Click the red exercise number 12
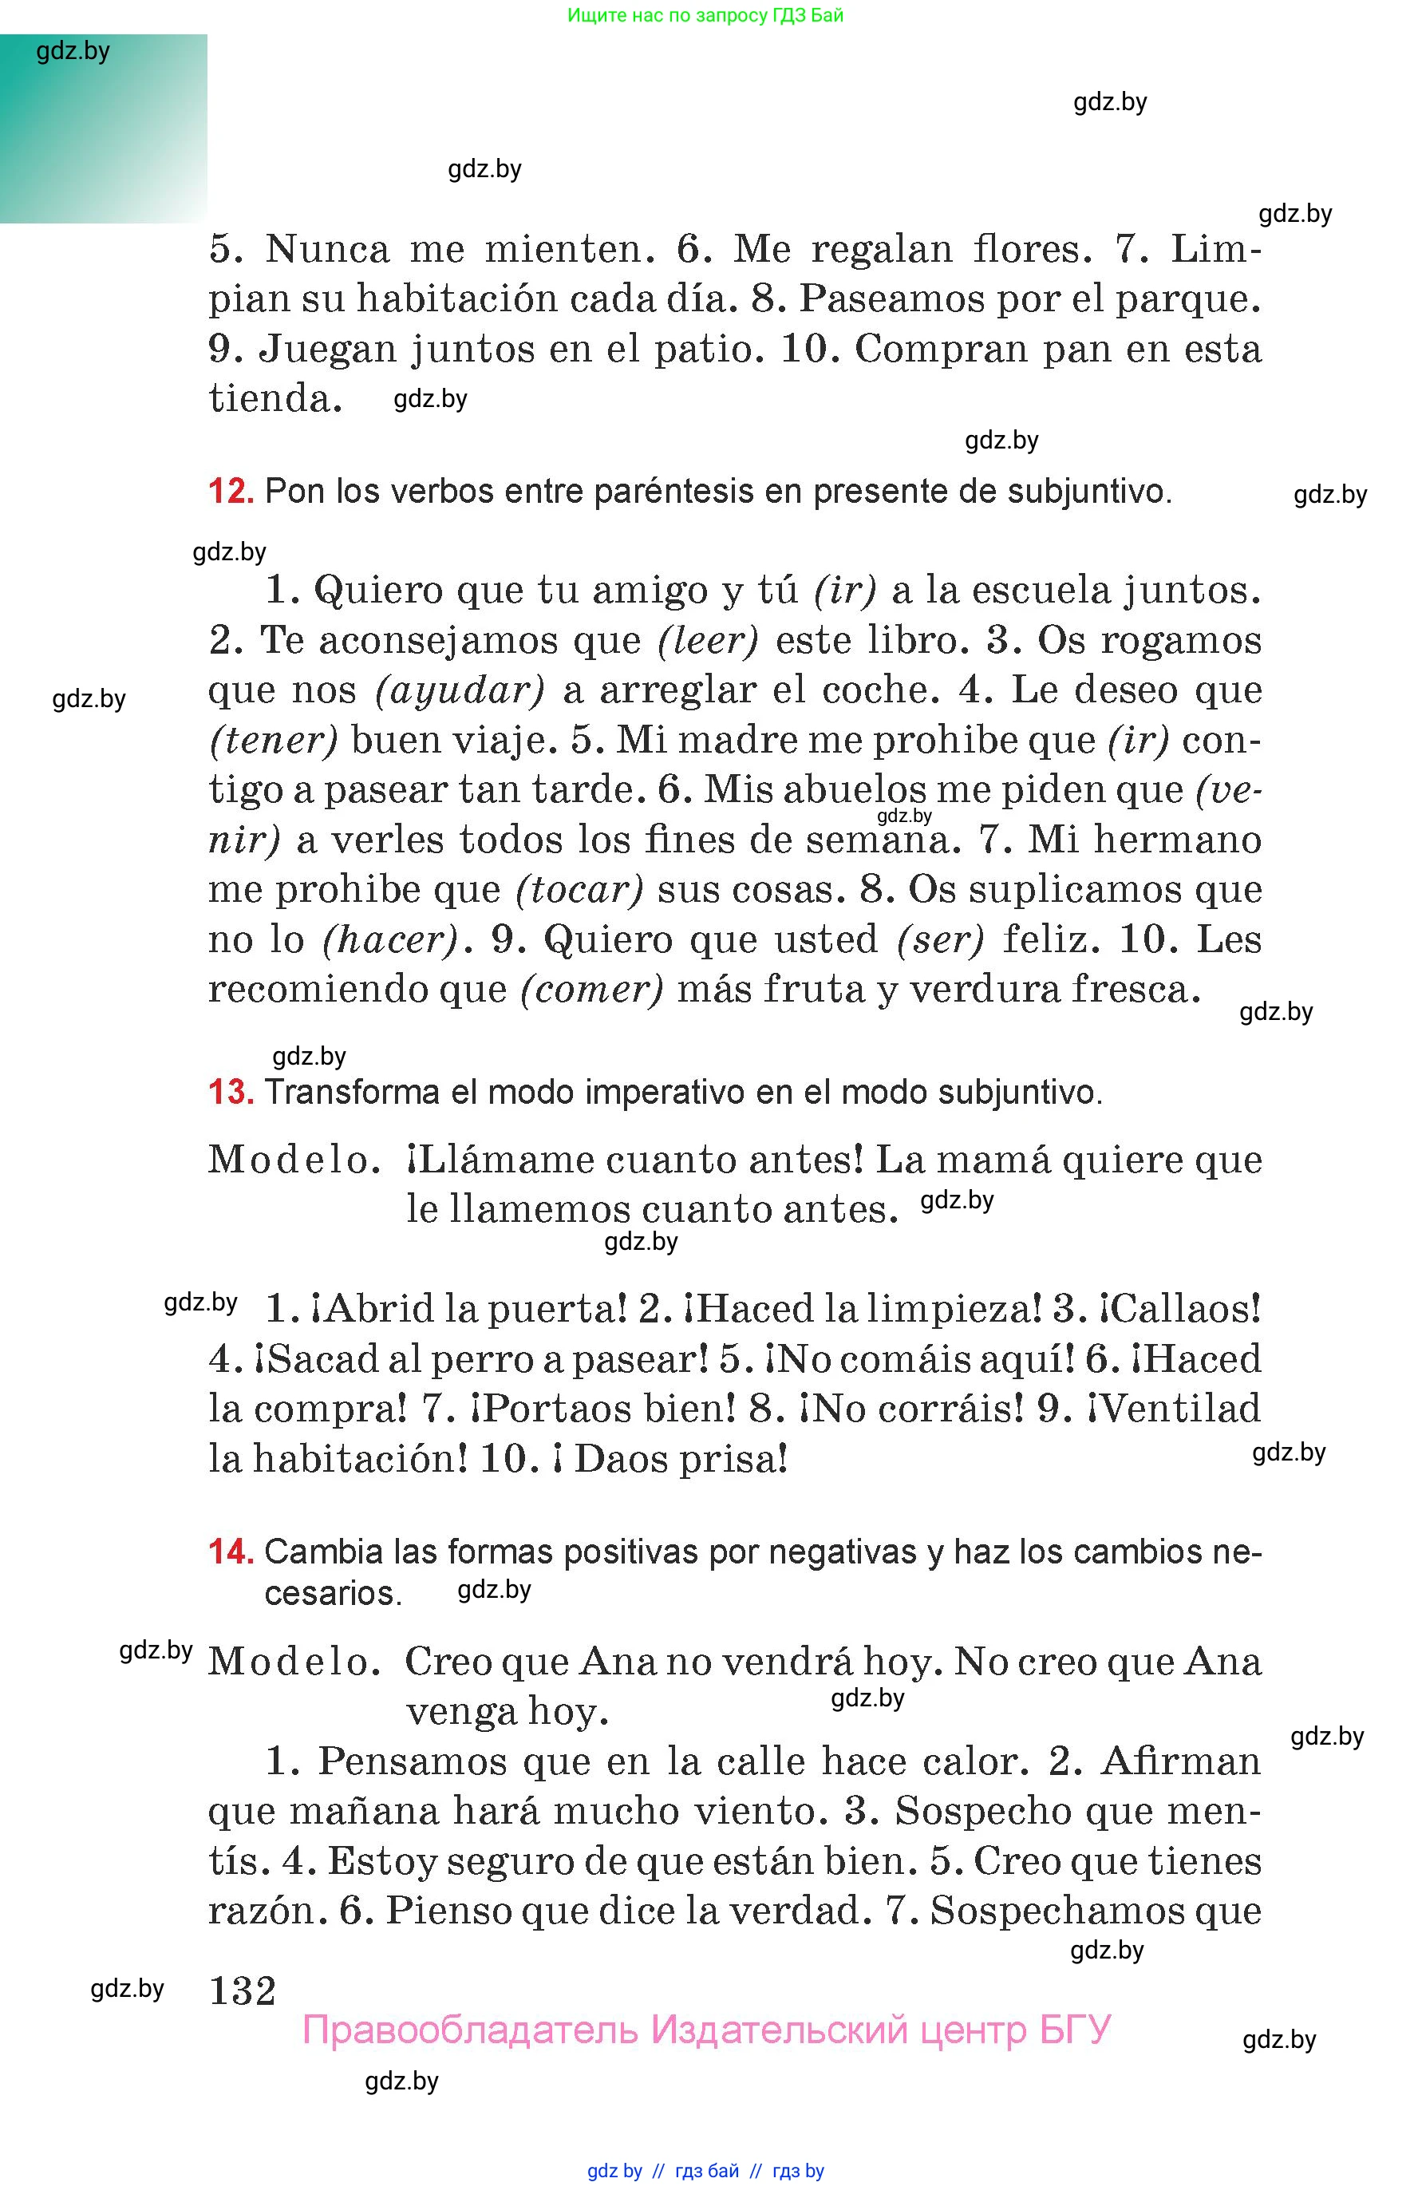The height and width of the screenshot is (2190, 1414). tap(231, 492)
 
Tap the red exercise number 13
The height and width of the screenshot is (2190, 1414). tap(231, 1092)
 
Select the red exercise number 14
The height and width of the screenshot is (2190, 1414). tap(231, 1551)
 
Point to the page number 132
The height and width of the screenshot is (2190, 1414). tap(243, 1990)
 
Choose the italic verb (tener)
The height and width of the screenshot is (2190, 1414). tap(274, 740)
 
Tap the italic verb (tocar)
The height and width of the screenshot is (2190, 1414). tap(579, 889)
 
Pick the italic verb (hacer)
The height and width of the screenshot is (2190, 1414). tap(390, 939)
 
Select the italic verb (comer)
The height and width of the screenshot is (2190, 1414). tap(591, 989)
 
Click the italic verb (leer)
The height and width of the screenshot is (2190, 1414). tap(708, 640)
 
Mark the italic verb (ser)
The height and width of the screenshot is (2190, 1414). tap(941, 939)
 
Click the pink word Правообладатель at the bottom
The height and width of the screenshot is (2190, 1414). tap(469, 2030)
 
